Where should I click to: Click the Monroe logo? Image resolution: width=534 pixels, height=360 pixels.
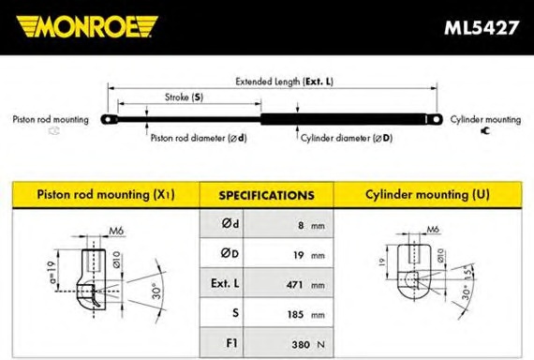coord(87,26)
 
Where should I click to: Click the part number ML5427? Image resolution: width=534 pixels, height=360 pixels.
coord(482,27)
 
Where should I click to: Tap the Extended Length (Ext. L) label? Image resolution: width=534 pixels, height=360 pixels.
coord(285,82)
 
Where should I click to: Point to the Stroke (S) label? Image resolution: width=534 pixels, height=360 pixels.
coord(184,97)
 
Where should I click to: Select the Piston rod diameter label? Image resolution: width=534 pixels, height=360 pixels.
coord(199,138)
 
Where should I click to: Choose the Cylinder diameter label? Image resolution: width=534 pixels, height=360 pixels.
coord(347,138)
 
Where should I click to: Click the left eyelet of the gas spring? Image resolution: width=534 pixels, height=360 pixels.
coord(109,120)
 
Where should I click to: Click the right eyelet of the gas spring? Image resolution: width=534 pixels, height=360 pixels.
coord(436,119)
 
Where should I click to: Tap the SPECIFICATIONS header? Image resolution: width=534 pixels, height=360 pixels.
coord(266,195)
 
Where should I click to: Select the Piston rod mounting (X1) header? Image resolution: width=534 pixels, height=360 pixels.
coord(106,195)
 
